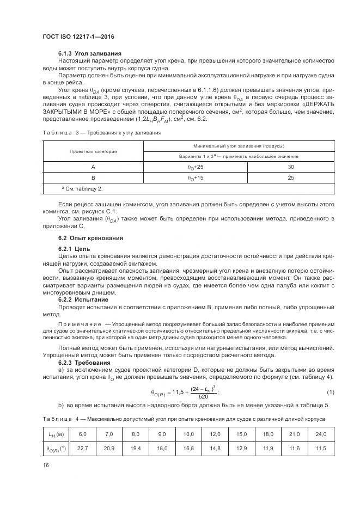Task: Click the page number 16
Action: point(46,464)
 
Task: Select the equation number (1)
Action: point(330,393)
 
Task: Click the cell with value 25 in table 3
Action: point(290,179)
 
